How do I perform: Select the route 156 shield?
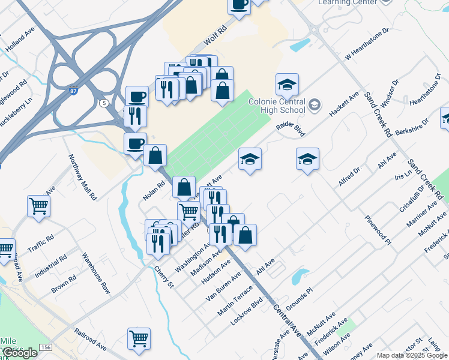tap(46, 347)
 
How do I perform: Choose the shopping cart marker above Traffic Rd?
tap(39, 206)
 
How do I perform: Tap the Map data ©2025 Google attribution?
tap(412, 355)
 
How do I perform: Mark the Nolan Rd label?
tap(154, 191)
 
